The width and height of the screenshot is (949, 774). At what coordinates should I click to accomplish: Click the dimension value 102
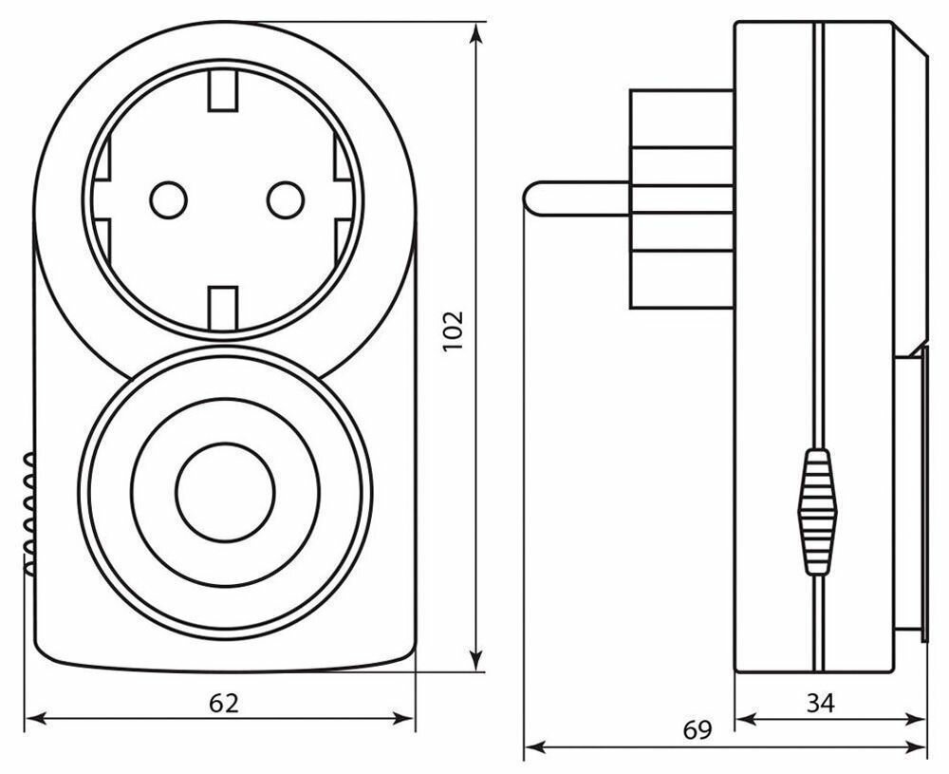tap(453, 331)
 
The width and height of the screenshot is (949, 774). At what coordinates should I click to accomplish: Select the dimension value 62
tap(224, 704)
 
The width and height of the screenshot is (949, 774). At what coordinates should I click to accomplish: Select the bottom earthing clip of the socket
tap(224, 303)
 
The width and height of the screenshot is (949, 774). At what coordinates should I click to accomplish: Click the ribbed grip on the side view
tap(817, 513)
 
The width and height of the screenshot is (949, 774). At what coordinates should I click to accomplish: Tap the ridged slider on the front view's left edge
tap(28, 513)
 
